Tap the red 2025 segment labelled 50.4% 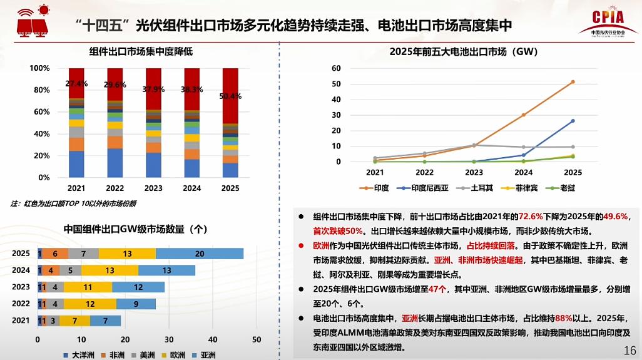click(230, 96)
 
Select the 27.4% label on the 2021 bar click(76, 83)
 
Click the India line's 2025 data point click(573, 82)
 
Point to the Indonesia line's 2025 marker click(573, 121)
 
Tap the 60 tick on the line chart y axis click(336, 68)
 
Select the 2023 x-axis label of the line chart click(474, 172)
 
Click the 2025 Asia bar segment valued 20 click(200, 254)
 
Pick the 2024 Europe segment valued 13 click(110, 270)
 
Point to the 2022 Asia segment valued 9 click(136, 304)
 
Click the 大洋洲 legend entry click(80, 355)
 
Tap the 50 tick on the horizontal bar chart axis click(257, 340)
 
